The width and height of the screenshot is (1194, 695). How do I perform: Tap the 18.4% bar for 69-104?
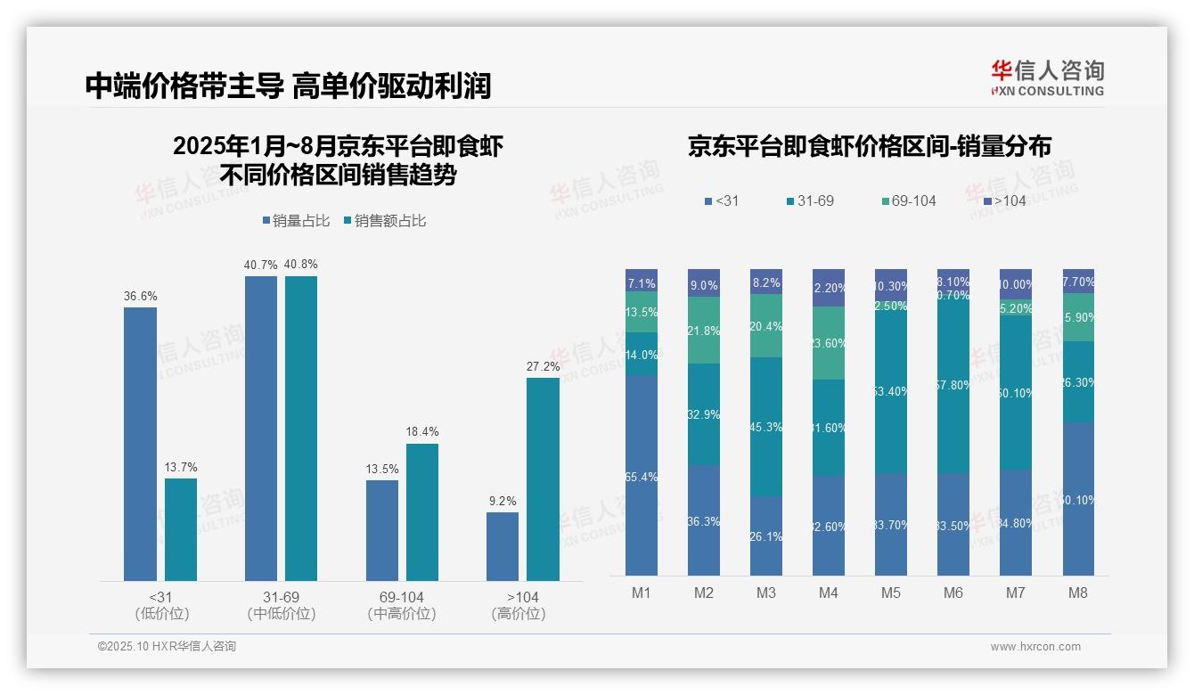tap(422, 512)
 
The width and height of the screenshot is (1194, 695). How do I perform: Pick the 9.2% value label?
tap(503, 501)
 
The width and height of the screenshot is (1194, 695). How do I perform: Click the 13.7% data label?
tap(181, 467)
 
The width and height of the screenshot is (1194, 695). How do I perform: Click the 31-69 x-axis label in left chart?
tap(282, 597)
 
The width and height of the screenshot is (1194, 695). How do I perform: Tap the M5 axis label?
tap(890, 593)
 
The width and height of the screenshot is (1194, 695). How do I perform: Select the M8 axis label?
tap(1077, 593)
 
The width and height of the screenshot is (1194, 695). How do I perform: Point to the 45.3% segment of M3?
tap(766, 427)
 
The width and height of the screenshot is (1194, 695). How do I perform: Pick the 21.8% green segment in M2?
tap(704, 331)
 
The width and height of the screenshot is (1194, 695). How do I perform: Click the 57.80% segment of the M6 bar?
tap(953, 385)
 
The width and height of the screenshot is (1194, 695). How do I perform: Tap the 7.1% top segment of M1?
tap(642, 281)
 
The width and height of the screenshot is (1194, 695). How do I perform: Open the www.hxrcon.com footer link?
tap(1035, 647)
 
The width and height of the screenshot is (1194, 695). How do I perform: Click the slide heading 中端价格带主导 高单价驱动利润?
tap(288, 86)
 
